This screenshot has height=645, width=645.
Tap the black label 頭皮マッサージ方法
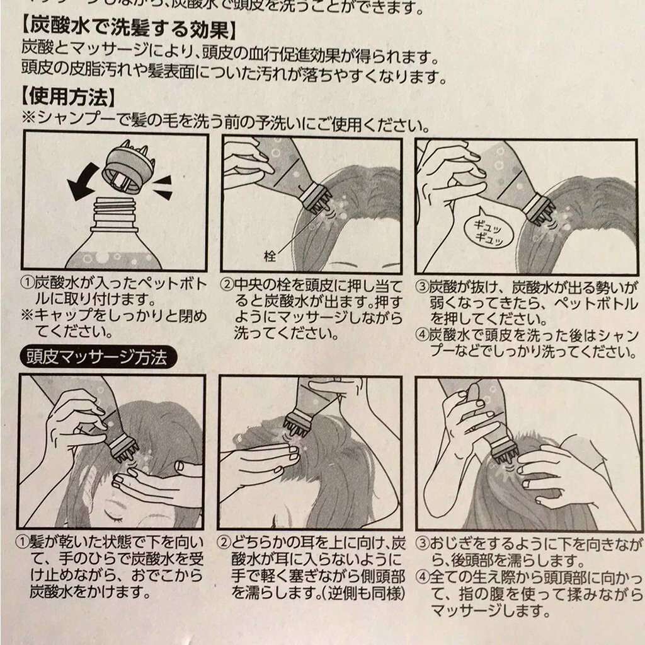[96, 358]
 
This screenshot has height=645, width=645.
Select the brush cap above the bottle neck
[129, 168]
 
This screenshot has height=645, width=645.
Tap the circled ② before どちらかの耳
[224, 542]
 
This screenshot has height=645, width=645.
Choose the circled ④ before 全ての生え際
[423, 577]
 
